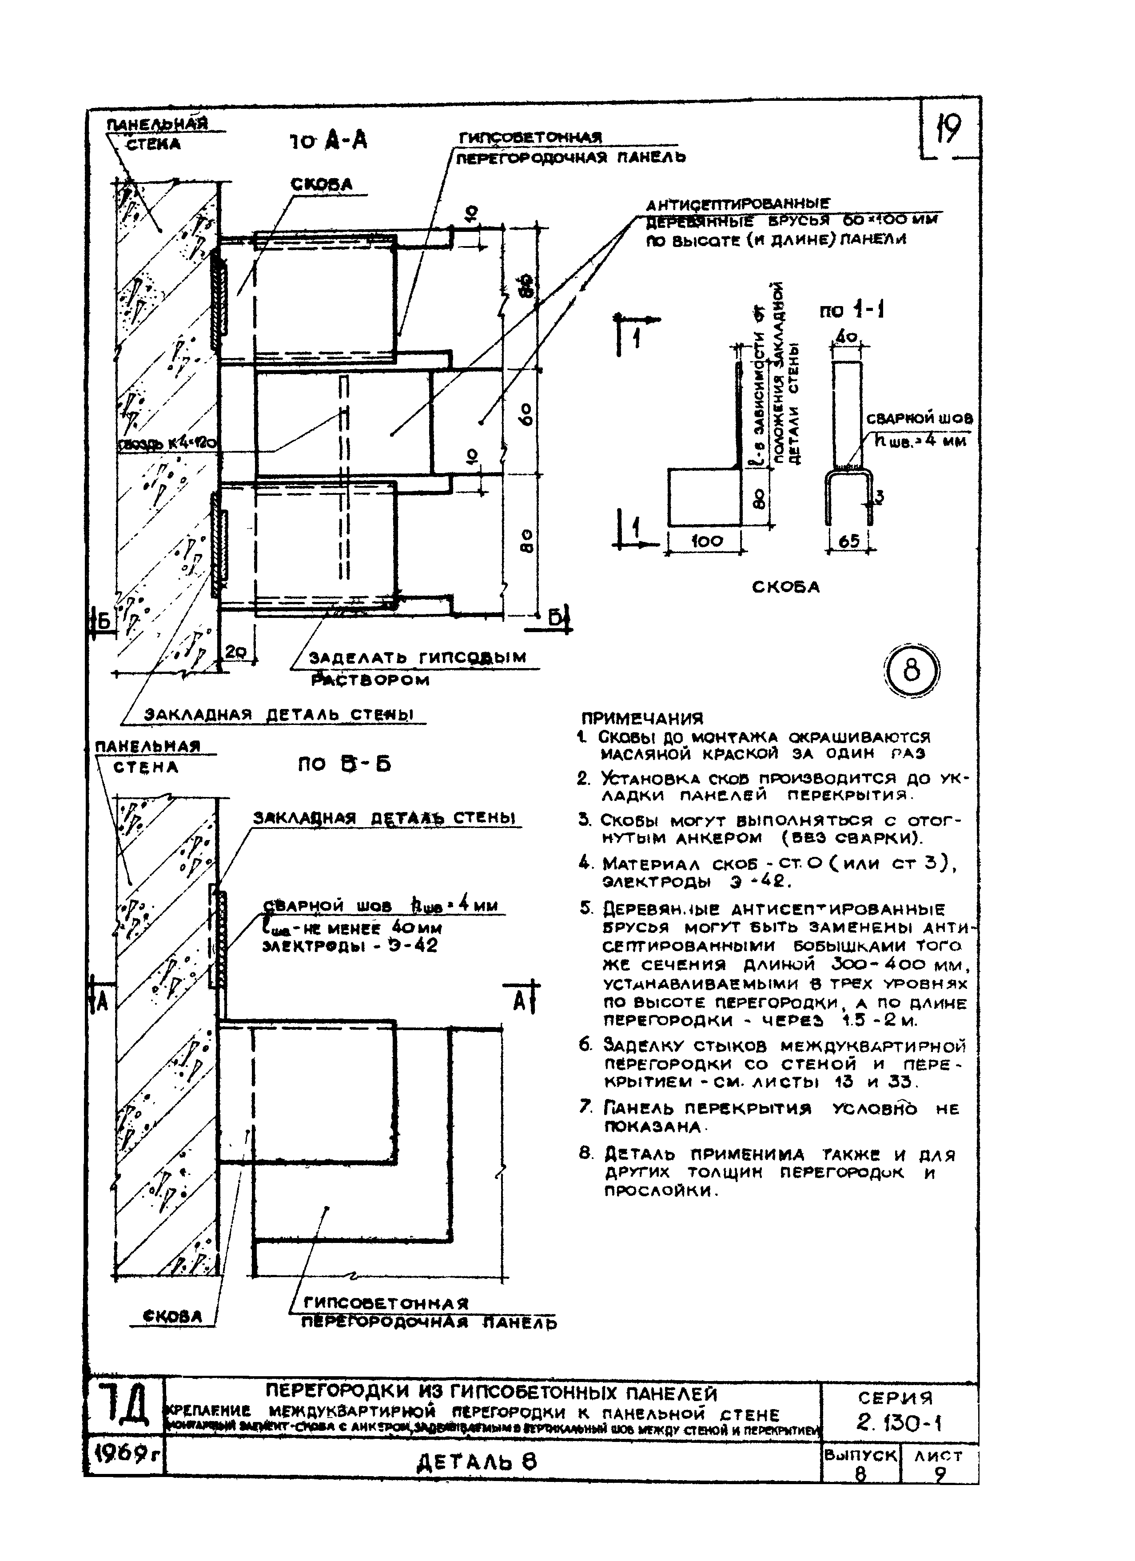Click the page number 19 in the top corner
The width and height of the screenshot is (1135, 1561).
(948, 129)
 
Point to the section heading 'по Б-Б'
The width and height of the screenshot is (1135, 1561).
(344, 765)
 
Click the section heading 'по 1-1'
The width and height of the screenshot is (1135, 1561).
(852, 311)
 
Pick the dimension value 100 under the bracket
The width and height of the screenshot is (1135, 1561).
(707, 541)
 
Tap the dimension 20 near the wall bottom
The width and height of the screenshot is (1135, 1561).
(237, 651)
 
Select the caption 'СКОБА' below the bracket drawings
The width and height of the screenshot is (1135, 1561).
(785, 587)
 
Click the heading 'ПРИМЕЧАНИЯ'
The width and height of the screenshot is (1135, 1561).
(642, 719)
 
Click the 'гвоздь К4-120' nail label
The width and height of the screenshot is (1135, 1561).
(168, 445)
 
